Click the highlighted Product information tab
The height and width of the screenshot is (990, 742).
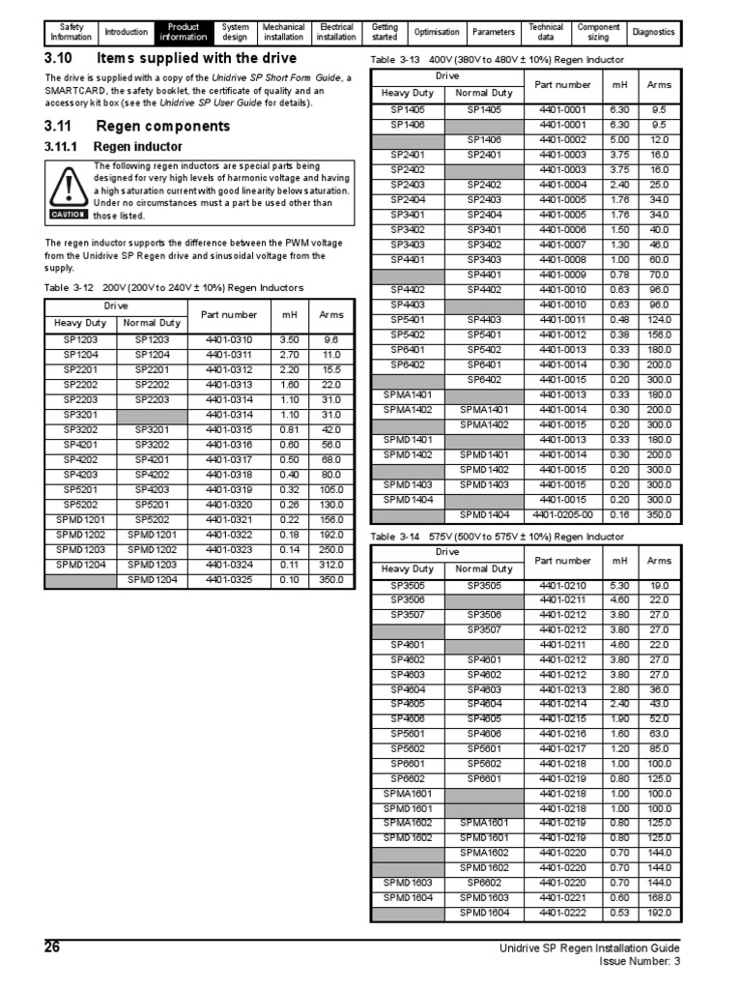pos(183,33)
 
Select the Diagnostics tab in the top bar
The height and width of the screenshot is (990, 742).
pos(654,33)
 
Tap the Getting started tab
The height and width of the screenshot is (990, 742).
pos(385,33)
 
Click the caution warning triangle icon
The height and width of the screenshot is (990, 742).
pos(69,187)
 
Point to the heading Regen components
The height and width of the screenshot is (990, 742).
pos(163,127)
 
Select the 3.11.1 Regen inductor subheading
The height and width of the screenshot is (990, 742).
pos(113,147)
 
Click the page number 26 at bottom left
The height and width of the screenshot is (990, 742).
pos(53,947)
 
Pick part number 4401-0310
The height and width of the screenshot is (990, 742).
pos(229,340)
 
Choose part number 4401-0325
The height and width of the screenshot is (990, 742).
pos(229,579)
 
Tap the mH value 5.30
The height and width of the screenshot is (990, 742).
pos(619,586)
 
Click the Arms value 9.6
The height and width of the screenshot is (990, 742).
pos(331,340)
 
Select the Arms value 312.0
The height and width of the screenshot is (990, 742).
pos(331,565)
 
